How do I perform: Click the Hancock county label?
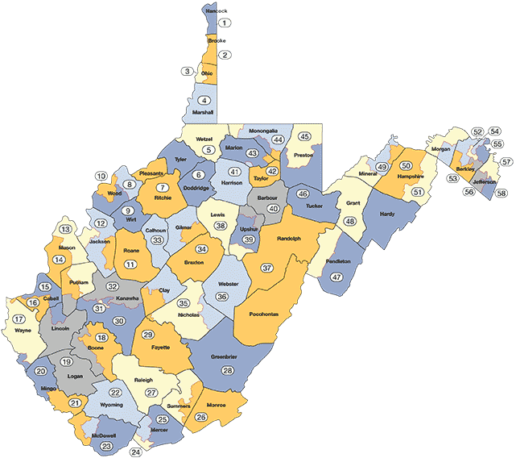point(216,12)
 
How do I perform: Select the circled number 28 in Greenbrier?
point(227,370)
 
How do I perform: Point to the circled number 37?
point(267,267)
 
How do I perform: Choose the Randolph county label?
point(288,239)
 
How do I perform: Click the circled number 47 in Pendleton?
point(336,277)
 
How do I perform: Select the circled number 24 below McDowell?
point(135,452)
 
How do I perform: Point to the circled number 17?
point(18,319)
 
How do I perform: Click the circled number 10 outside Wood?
point(101,176)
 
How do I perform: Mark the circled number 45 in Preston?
point(304,136)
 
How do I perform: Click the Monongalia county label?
point(263,130)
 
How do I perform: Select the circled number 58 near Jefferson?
point(501,194)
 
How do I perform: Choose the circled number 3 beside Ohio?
point(188,72)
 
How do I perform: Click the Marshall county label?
point(204,113)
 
